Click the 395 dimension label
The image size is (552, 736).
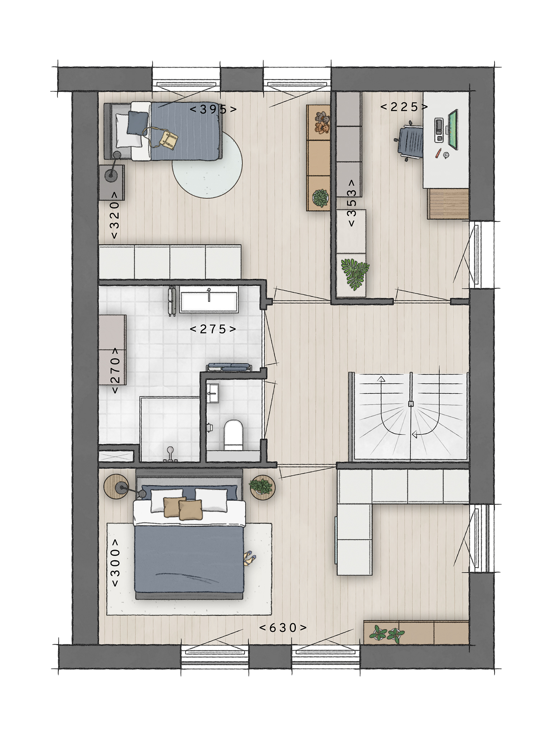213,109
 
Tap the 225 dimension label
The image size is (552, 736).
404,107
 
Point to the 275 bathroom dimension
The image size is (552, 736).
213,329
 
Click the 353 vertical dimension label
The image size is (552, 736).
351,203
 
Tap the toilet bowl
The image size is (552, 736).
234,434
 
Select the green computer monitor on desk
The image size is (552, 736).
453,129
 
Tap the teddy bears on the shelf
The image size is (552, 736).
321,123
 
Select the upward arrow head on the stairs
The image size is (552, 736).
381,379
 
